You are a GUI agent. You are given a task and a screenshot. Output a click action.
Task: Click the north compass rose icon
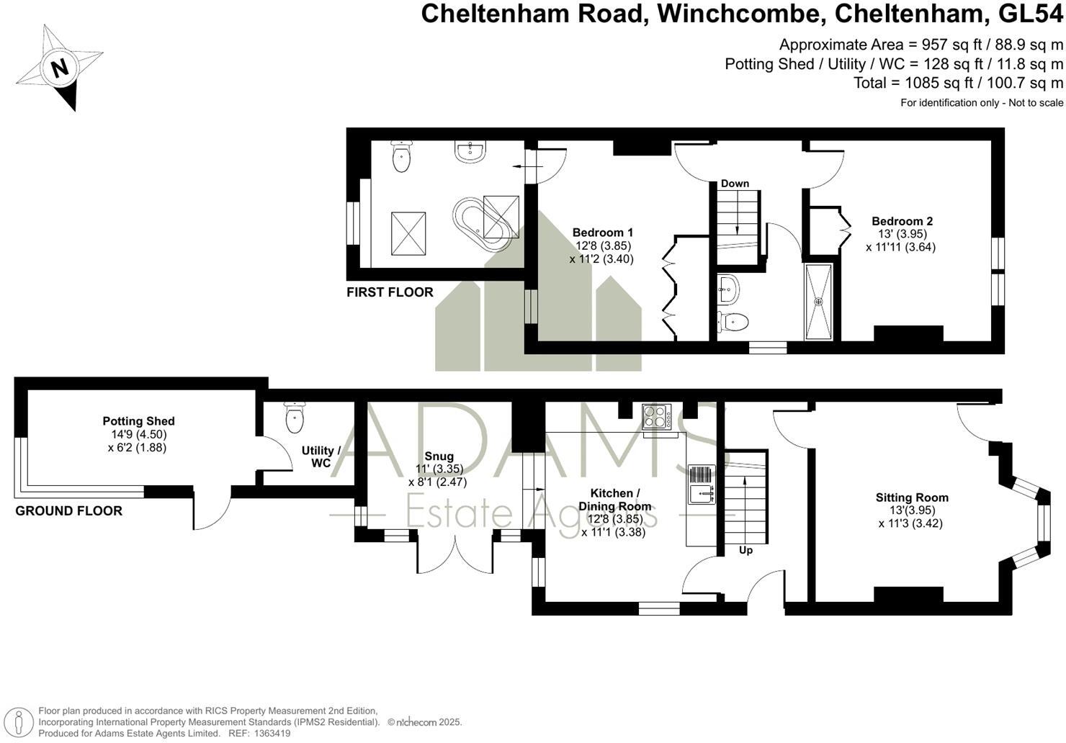59,68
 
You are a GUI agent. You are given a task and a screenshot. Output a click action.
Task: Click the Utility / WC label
321,456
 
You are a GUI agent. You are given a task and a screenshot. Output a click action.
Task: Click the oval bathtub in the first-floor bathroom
484,224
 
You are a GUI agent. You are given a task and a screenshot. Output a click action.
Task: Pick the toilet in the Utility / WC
295,418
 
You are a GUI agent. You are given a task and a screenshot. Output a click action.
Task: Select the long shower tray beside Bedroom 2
818,301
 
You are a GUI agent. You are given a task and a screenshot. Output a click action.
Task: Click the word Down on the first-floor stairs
735,184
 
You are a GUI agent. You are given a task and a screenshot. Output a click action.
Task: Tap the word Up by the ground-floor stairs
745,550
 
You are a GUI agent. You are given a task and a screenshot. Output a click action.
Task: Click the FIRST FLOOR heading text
390,292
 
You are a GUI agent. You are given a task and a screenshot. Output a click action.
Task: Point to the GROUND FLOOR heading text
68,511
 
